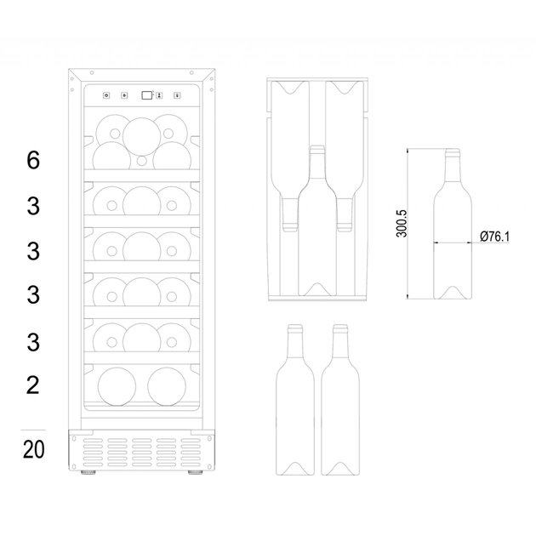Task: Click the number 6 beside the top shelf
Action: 33,160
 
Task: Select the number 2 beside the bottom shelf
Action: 33,385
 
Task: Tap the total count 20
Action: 33,448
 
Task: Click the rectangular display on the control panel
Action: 148,95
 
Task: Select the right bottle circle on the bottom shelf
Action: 167,385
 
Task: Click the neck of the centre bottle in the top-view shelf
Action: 316,162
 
